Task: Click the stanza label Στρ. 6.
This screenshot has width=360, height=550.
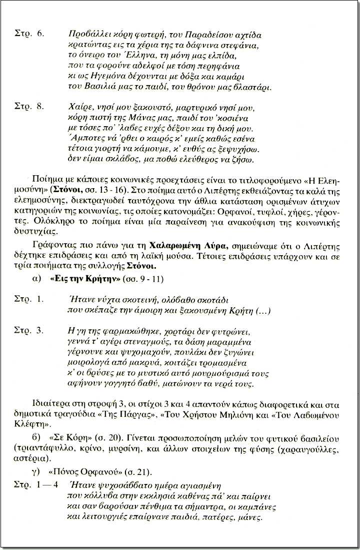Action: coord(31,35)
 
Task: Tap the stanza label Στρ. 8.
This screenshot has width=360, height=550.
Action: coord(31,107)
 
